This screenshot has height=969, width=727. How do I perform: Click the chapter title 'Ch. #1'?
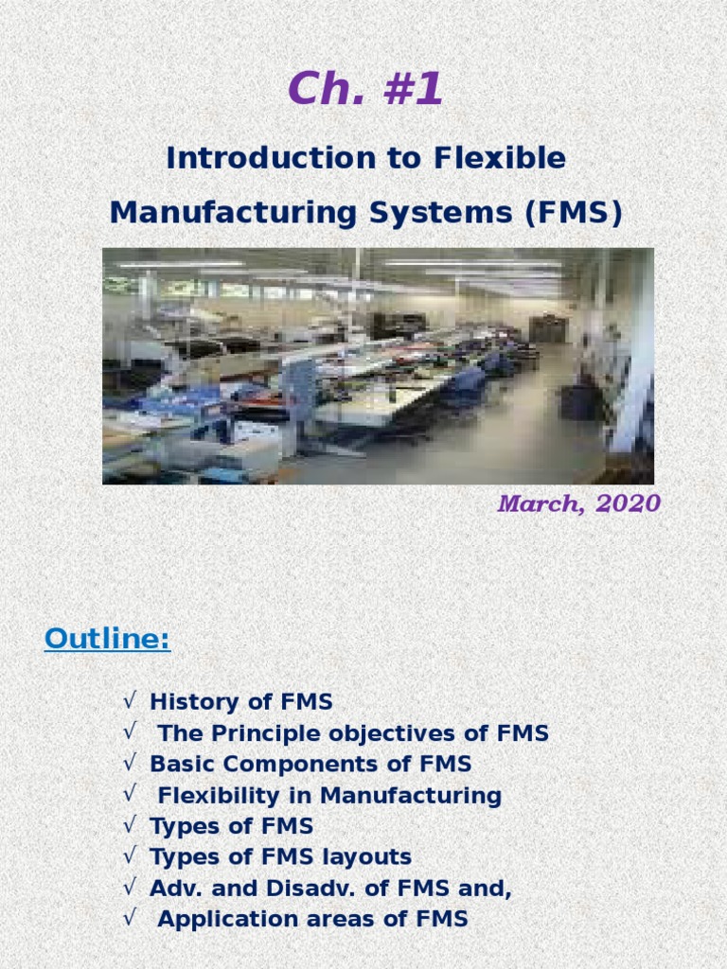[x=365, y=90]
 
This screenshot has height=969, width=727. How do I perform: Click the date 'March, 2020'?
[x=578, y=504]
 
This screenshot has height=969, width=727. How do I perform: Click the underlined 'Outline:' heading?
[x=107, y=641]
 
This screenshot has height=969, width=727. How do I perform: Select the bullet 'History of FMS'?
[x=241, y=702]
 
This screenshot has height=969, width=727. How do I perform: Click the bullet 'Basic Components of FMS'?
[x=310, y=764]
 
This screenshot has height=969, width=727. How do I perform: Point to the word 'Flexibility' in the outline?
[x=217, y=796]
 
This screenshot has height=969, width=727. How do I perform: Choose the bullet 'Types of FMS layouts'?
[x=280, y=857]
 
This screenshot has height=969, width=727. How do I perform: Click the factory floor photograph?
[x=378, y=366]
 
